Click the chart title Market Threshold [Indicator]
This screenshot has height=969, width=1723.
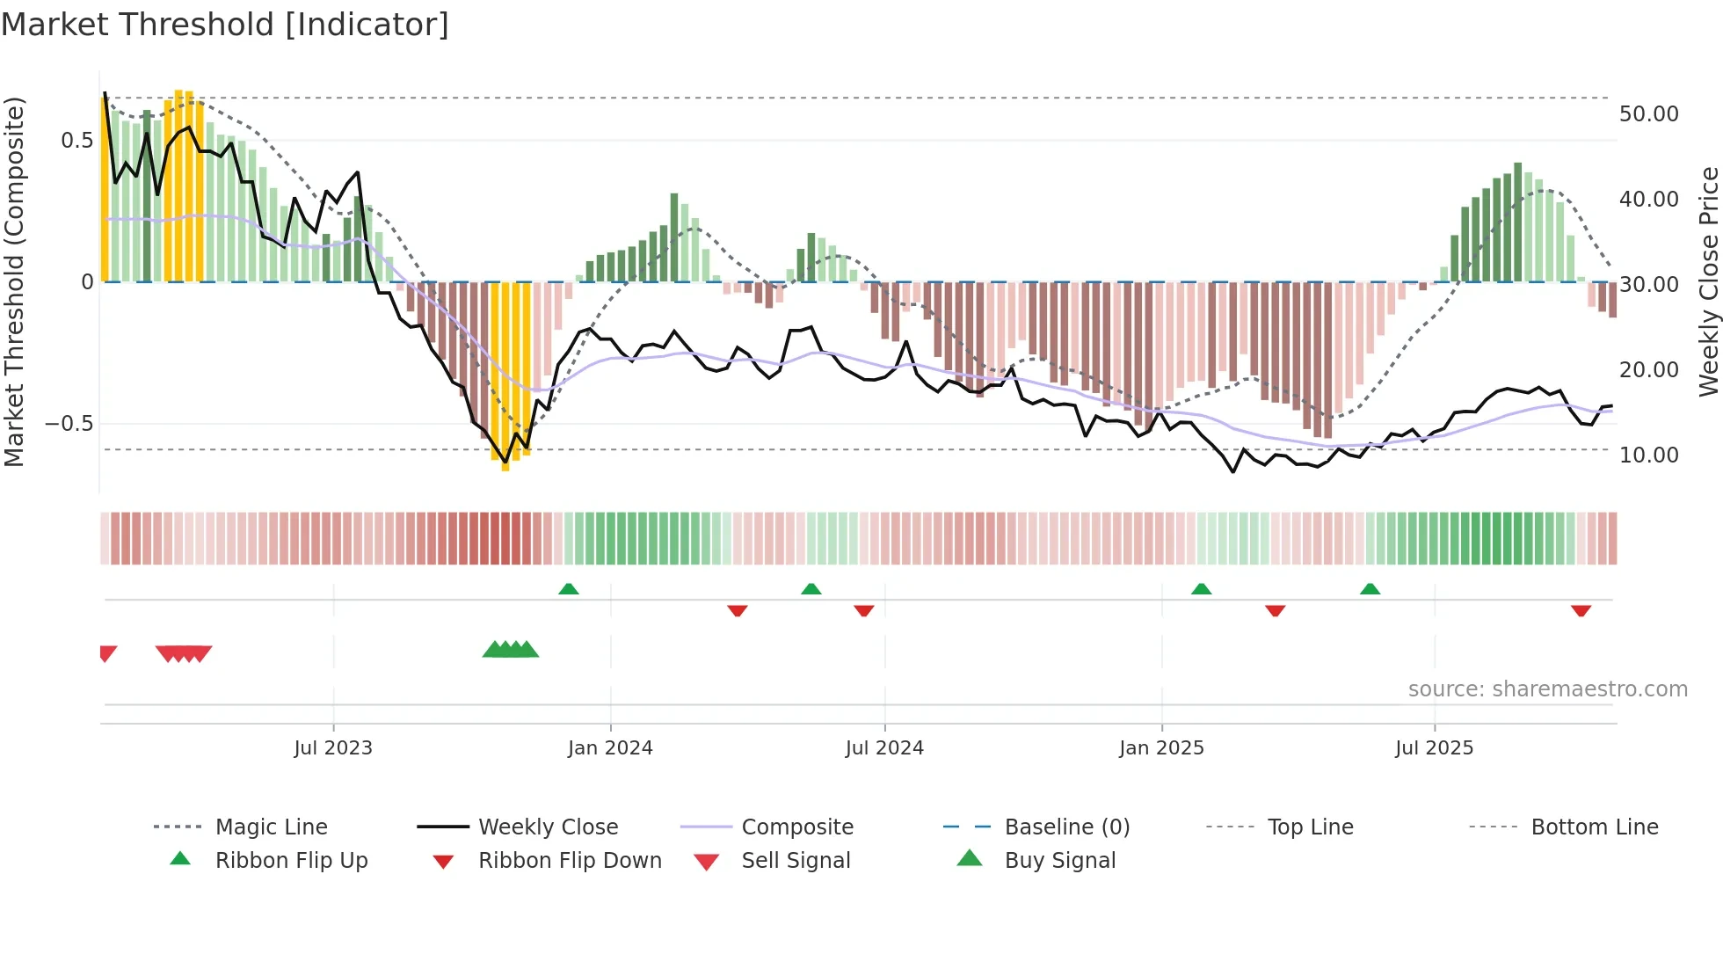point(225,25)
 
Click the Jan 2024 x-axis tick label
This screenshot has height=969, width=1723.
point(610,748)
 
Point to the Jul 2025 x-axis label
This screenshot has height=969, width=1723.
point(1434,748)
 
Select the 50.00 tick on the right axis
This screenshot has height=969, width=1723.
point(1648,114)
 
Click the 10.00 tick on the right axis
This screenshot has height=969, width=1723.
point(1648,455)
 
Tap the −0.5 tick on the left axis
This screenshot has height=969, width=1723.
point(69,424)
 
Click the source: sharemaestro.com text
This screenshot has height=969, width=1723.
point(1547,689)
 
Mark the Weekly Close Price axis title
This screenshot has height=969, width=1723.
point(1708,281)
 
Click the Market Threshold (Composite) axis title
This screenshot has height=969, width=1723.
point(14,281)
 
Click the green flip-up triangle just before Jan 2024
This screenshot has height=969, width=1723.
point(569,589)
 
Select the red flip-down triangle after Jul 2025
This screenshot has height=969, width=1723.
point(1581,610)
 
